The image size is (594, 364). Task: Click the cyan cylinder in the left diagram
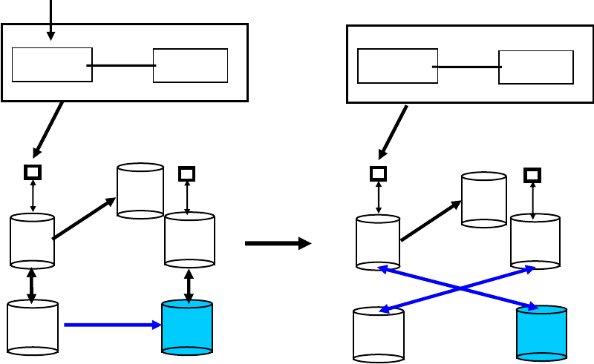[187, 327]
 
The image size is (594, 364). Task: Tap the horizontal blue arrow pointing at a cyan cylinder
[111, 324]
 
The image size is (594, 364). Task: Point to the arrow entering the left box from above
[50, 19]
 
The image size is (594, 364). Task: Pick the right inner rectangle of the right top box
[535, 67]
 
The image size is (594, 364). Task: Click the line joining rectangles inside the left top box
[122, 65]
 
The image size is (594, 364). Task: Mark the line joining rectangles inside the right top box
[467, 67]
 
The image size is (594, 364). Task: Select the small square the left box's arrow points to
[33, 172]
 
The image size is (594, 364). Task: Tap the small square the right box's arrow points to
[378, 173]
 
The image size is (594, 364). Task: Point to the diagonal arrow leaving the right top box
[394, 132]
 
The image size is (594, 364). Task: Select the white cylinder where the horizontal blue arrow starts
[33, 326]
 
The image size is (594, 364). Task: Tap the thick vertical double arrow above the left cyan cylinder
[189, 285]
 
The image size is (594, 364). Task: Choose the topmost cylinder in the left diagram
[140, 191]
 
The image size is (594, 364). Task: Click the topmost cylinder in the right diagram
[484, 199]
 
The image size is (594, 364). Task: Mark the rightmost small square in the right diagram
[532, 175]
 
